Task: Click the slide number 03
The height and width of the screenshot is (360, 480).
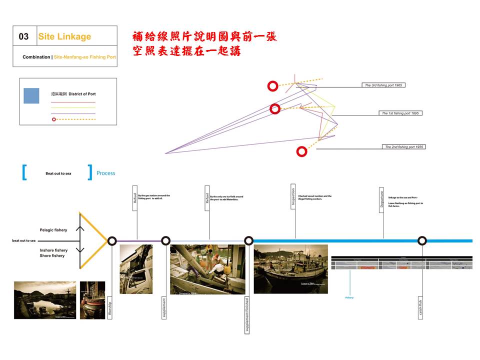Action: (23, 36)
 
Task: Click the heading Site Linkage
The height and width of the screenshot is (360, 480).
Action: (64, 36)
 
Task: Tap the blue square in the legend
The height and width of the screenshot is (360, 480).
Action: (31, 95)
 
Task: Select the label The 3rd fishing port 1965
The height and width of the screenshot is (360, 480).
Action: (383, 85)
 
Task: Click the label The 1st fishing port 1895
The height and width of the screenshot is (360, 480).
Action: (400, 113)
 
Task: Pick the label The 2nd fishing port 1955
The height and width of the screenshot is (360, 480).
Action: (403, 147)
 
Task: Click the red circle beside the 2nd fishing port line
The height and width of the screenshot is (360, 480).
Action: (301, 151)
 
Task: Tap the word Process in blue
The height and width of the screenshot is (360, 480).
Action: (105, 173)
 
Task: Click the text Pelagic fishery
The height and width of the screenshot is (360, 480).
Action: (53, 230)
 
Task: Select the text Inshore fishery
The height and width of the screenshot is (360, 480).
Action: (53, 250)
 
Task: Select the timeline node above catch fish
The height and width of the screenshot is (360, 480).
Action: (422, 240)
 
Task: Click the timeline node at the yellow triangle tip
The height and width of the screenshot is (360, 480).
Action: (112, 240)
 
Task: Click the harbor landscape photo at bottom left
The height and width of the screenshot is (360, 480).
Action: (45, 299)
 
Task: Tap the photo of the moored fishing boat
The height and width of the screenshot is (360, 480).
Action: (290, 268)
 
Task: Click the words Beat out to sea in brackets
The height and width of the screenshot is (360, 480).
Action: (58, 173)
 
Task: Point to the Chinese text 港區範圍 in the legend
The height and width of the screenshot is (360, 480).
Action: (59, 94)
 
